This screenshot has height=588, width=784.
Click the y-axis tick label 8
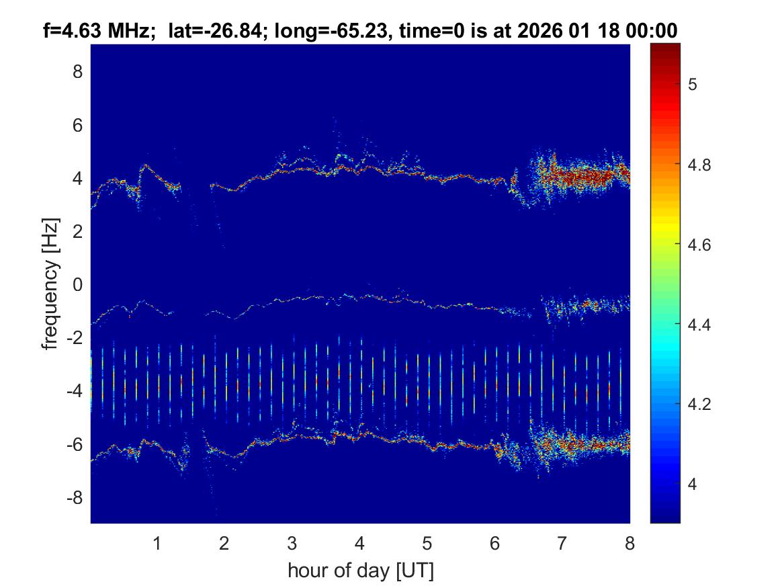(x=77, y=71)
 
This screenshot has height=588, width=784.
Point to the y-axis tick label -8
(x=75, y=497)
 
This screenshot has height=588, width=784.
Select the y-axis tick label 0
(x=77, y=284)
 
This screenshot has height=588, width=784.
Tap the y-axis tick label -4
(x=75, y=390)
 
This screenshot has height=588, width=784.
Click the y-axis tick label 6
(x=77, y=124)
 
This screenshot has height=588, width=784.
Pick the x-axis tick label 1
(x=157, y=543)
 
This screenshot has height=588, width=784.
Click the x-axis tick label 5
(x=427, y=543)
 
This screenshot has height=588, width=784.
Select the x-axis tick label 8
(x=629, y=543)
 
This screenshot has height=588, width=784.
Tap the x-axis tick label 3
(x=292, y=543)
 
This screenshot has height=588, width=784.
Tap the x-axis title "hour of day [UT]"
(x=360, y=571)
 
